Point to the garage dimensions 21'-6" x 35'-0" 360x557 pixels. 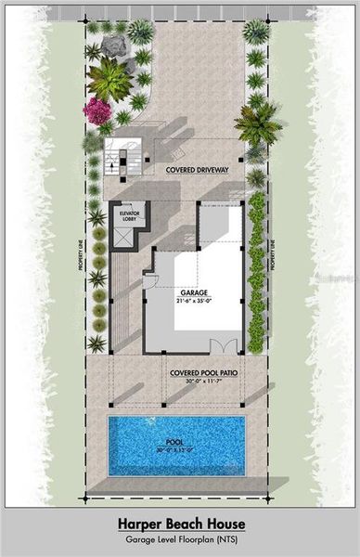[x=193, y=299]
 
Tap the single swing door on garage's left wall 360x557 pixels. [x=148, y=278]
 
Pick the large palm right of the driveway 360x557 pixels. [x=257, y=121]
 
